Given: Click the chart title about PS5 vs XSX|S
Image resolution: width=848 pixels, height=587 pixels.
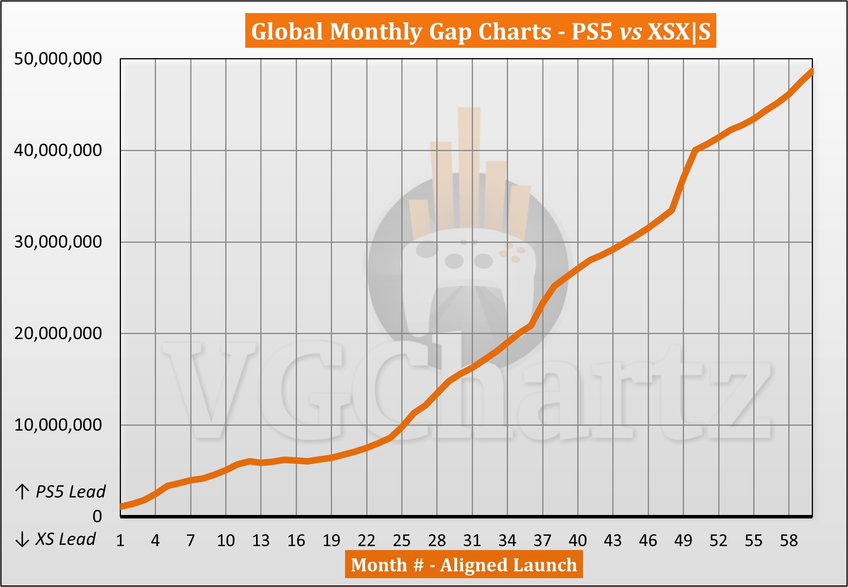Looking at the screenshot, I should coord(480,31).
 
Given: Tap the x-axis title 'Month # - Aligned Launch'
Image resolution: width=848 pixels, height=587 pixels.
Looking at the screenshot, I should coord(464,565).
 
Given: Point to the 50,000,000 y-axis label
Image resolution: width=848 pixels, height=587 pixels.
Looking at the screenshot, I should coord(58,59).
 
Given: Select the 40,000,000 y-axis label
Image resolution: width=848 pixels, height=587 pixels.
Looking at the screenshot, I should coord(58,150).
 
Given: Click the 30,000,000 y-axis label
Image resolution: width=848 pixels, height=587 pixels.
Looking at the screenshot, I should coord(58,242).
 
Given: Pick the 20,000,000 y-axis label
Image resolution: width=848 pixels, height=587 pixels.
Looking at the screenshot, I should coord(58,333).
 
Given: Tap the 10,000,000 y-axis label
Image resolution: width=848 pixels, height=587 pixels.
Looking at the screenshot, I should coord(58,425).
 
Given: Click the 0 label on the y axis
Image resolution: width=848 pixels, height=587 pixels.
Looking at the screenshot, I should coord(97,516).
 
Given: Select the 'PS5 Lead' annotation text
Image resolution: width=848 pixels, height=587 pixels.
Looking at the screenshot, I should coord(70,492).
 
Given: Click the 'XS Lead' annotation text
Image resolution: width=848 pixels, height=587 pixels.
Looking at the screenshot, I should coord(65,539).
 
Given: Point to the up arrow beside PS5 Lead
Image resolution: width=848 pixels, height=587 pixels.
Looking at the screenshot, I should coord(22,492).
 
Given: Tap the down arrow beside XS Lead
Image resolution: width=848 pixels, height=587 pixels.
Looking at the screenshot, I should coord(22,539).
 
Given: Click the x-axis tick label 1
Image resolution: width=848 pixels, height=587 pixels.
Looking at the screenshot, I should coord(120,541).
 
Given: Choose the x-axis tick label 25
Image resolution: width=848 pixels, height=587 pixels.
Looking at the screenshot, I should coord(402,541).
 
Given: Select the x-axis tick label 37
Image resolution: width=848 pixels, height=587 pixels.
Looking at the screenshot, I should coord(543,541).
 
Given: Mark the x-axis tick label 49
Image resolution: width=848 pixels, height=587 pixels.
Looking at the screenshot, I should coord(683,541).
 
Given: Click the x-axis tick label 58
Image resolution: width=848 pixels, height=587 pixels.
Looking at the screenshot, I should coord(789,541).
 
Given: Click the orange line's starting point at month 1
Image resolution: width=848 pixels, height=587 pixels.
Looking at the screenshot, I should coord(122,506).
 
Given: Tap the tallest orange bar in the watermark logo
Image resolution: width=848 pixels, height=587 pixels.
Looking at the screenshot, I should coord(469,166).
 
